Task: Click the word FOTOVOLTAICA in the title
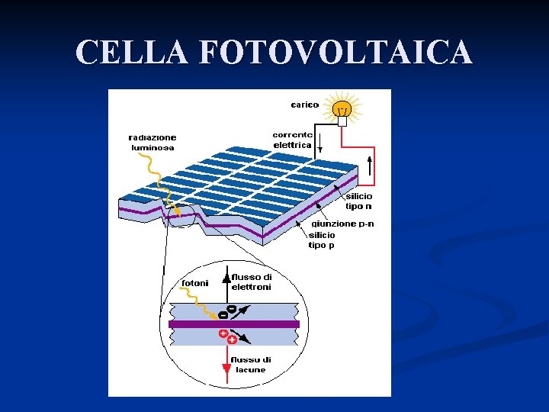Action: coord(335,52)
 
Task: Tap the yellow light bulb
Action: coord(342,108)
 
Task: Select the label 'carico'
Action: coord(304,105)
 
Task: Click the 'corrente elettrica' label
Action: coord(292,140)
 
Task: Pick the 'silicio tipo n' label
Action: coord(359,201)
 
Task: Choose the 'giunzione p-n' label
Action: coord(343,224)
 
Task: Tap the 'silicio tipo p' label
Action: coord(321,240)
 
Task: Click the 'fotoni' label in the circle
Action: coord(194,283)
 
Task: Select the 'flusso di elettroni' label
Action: coord(251,282)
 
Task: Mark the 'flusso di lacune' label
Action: coord(251,365)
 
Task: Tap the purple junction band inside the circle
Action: coord(233,323)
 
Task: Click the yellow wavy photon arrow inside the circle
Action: coord(200,301)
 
